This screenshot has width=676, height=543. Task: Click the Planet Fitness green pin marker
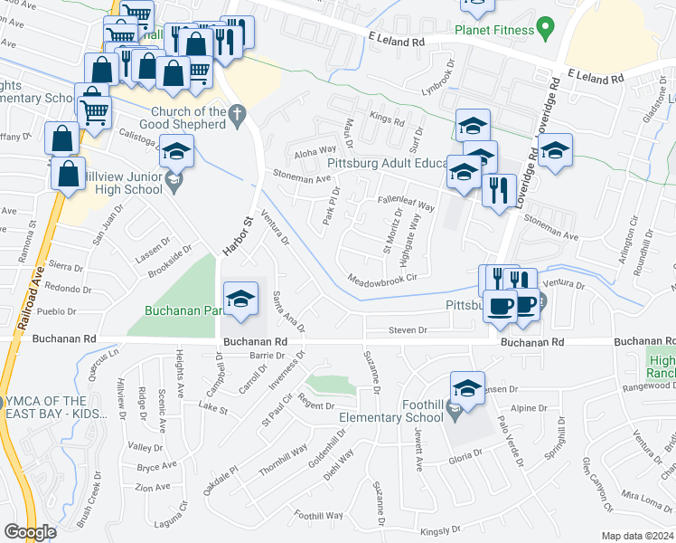[544, 30]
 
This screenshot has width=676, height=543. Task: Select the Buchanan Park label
[180, 310]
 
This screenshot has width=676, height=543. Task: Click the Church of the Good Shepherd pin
[238, 115]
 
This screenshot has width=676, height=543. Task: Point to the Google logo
[29, 531]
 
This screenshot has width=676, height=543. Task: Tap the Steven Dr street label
[408, 330]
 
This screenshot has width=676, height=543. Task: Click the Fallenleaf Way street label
[406, 203]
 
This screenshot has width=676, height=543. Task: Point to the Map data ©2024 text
[636, 536]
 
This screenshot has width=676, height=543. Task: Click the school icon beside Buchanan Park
[240, 300]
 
